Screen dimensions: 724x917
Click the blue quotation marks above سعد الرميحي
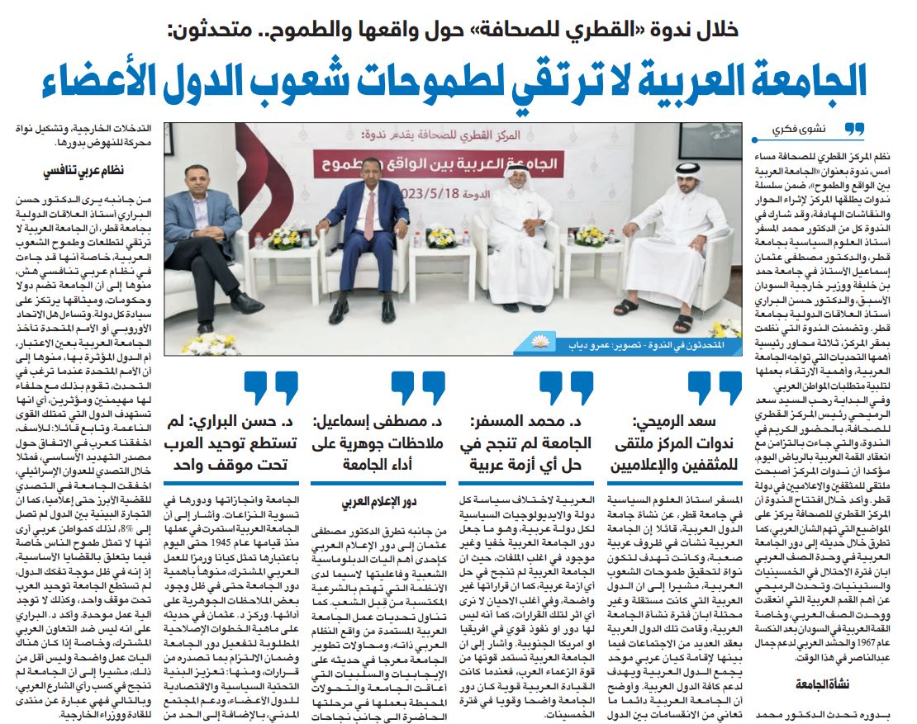(x=715, y=386)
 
